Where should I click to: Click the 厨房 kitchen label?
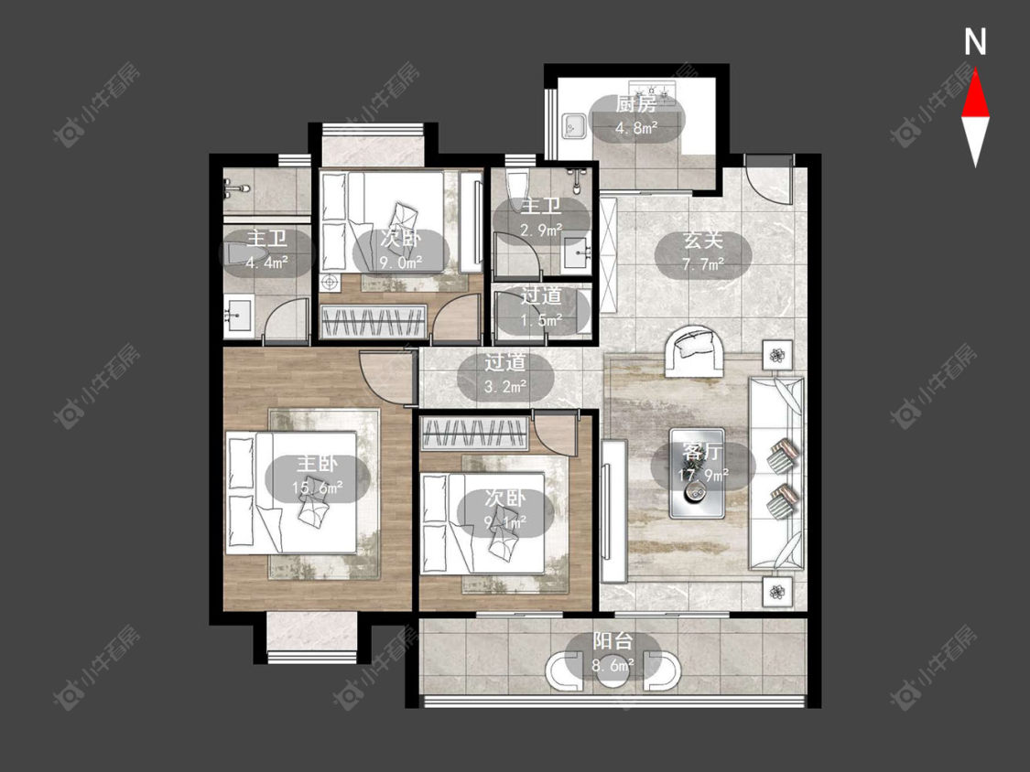636,103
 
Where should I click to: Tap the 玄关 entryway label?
703,241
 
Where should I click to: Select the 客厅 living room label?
702,452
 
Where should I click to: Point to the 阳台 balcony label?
613,640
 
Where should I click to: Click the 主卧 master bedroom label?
318,464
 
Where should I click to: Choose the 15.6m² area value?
318,488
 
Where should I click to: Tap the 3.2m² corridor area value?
505,387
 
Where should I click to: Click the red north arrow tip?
975,71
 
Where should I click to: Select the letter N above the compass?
975,42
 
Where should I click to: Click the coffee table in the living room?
697,473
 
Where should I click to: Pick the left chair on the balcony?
564,670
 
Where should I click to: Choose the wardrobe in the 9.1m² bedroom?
474,434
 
